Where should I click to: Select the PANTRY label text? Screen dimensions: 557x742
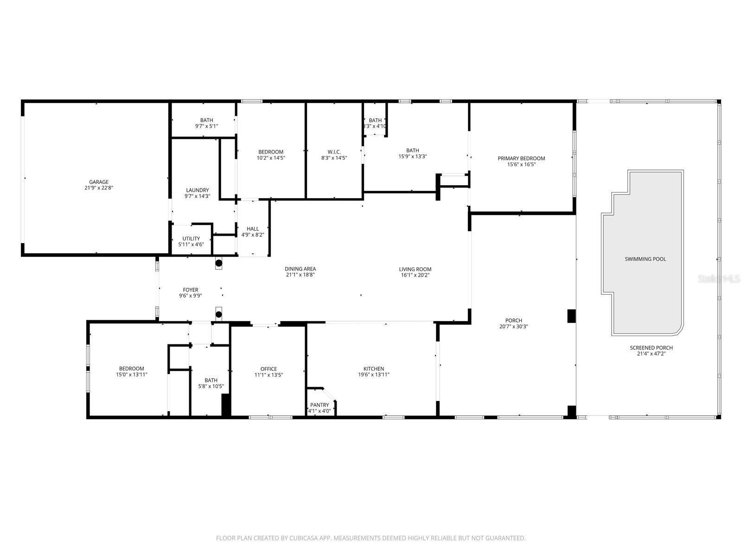pos(320,405)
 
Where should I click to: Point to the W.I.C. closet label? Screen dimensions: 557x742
pos(334,152)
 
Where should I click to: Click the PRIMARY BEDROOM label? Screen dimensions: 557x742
pos(521,158)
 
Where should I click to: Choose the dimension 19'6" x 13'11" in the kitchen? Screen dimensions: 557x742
pos(373,375)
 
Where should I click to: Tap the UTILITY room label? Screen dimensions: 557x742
pos(191,239)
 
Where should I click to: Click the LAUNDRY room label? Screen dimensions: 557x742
pos(198,190)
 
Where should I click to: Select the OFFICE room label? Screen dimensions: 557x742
pos(269,369)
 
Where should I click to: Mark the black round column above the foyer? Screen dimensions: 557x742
pos(219,263)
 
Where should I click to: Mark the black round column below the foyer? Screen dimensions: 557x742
pos(219,314)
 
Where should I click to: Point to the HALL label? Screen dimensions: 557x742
pos(253,229)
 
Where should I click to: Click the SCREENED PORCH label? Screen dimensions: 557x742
pos(651,348)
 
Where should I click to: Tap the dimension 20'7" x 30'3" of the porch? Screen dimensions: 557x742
pos(513,326)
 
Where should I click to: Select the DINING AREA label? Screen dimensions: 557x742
pos(300,269)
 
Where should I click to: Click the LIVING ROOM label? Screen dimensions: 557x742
pos(415,269)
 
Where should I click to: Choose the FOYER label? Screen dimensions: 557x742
pos(191,290)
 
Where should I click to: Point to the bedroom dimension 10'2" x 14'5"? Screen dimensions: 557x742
pos(271,158)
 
